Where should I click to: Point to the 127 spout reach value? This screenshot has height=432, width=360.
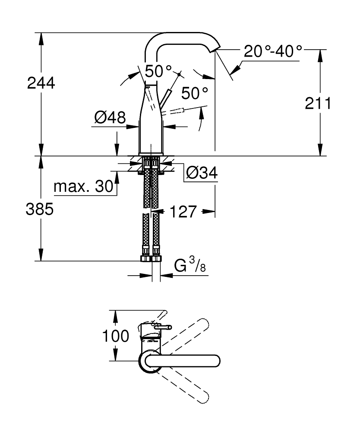coord(183,212)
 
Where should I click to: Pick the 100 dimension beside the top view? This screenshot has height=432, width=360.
coord(116,335)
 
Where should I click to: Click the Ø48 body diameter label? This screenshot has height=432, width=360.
coord(110,117)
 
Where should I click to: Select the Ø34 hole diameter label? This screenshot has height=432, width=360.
coord(202,174)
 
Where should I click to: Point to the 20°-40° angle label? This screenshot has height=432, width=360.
coord(273,51)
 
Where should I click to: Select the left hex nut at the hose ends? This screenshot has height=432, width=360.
coord(145,259)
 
